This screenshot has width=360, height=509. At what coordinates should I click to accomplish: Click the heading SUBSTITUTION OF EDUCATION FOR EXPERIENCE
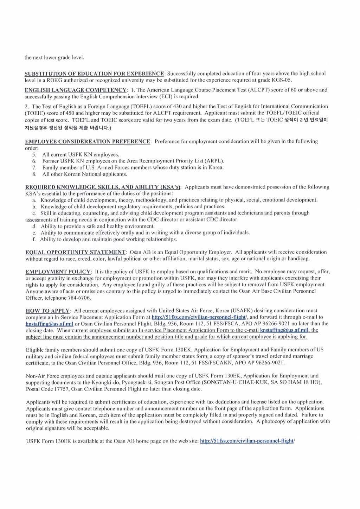pyautogui.click(x=94, y=74)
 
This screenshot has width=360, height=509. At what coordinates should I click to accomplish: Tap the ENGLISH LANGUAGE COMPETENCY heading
pyautogui.click(x=76, y=90)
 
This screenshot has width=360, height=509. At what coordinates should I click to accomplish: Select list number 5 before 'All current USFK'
pyautogui.click(x=34, y=154)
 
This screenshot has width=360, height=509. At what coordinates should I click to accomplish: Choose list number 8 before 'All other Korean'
pyautogui.click(x=34, y=174)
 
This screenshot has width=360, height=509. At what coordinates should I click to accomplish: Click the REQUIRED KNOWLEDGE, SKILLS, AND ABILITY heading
pyautogui.click(x=103, y=187)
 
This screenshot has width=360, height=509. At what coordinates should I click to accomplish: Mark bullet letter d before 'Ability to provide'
pyautogui.click(x=34, y=226)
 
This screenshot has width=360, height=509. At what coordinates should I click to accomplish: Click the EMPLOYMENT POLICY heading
pyautogui.click(x=58, y=272)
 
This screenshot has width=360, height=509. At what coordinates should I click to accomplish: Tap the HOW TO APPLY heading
pyautogui.click(x=48, y=311)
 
